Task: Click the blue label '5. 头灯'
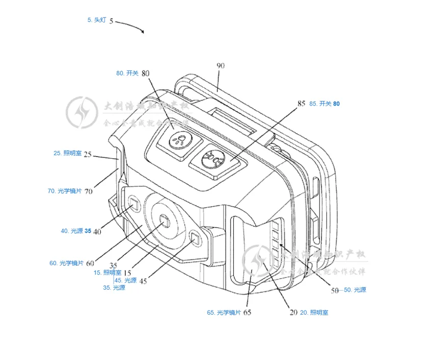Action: coord(96,20)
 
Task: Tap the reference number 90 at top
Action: coord(221,66)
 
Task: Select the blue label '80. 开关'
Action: coord(127,73)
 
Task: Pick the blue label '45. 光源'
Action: coord(126,280)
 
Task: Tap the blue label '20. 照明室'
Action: coord(314,313)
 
